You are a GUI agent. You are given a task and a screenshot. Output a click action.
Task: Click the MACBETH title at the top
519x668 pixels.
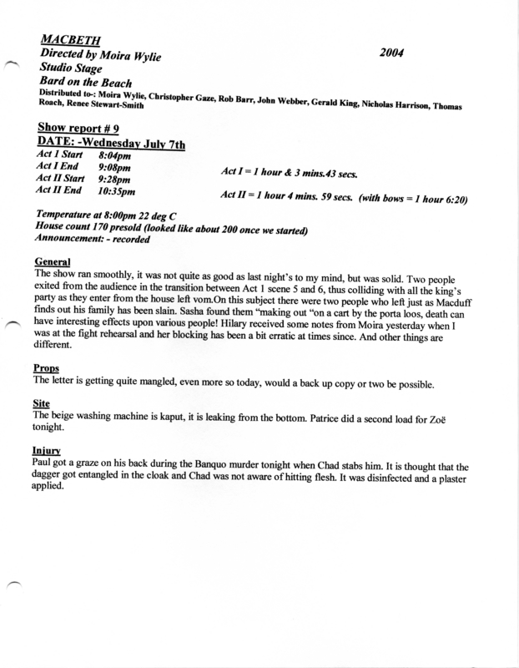click(x=69, y=38)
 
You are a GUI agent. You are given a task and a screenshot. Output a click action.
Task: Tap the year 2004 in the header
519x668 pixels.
click(x=391, y=52)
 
